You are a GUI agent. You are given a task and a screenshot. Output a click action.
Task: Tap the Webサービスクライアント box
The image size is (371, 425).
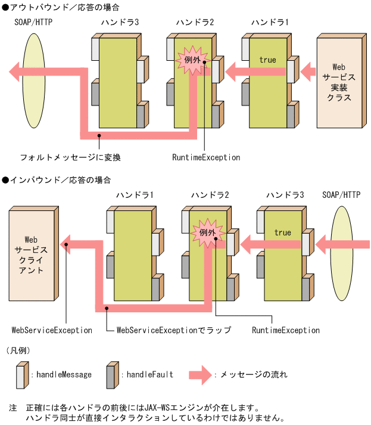click(32, 255)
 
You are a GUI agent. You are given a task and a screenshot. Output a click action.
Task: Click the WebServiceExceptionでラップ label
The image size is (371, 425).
click(173, 330)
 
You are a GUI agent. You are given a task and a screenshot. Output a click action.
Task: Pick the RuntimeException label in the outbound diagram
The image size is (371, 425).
click(206, 157)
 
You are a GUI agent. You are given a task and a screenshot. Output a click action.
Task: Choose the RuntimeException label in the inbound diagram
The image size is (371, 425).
click(286, 330)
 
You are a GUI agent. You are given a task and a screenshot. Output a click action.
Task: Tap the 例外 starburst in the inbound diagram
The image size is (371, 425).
click(207, 232)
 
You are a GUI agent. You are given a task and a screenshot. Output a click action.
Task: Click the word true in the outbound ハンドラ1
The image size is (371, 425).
click(267, 60)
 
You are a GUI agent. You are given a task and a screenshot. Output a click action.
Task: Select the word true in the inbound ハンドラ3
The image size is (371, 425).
click(283, 232)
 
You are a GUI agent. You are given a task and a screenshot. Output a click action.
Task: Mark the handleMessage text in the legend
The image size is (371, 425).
click(64, 374)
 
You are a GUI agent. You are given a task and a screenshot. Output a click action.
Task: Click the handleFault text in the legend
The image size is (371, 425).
click(149, 374)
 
